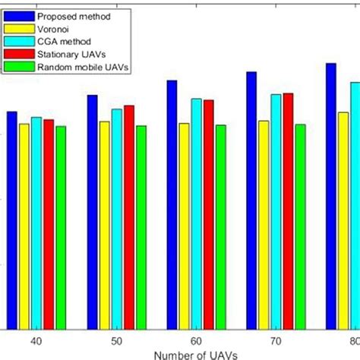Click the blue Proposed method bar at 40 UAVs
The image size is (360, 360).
tap(11, 220)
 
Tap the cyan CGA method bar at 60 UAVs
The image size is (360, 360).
tap(196, 213)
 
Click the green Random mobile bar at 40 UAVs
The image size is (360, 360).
tap(61, 227)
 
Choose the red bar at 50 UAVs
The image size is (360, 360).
tap(128, 216)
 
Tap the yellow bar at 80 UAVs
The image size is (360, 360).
tap(343, 220)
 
